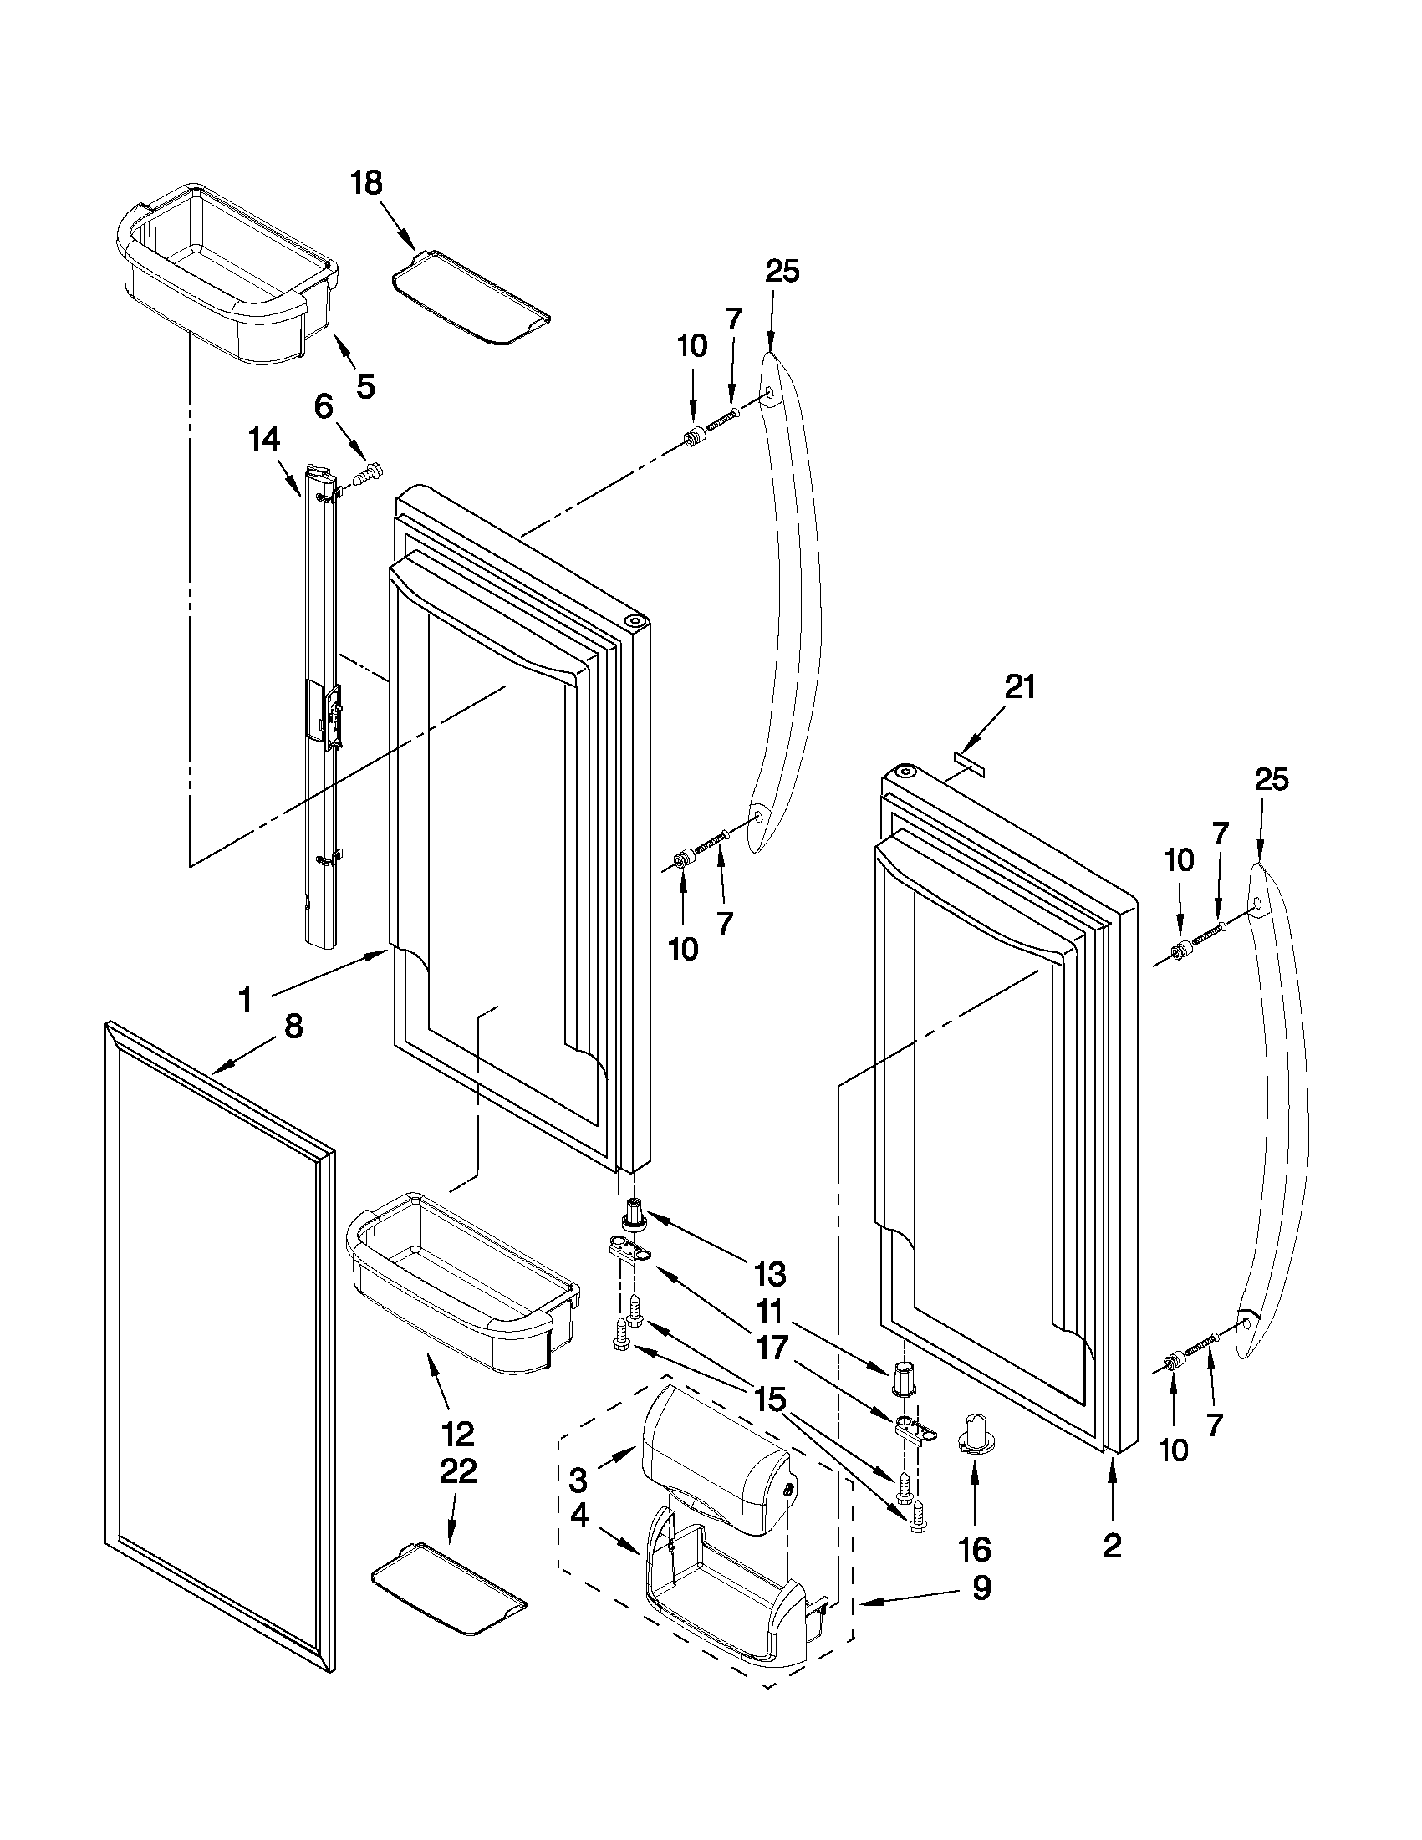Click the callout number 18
366,183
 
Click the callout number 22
457,1471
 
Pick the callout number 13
769,1275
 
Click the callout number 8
293,1027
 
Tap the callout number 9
981,1588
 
